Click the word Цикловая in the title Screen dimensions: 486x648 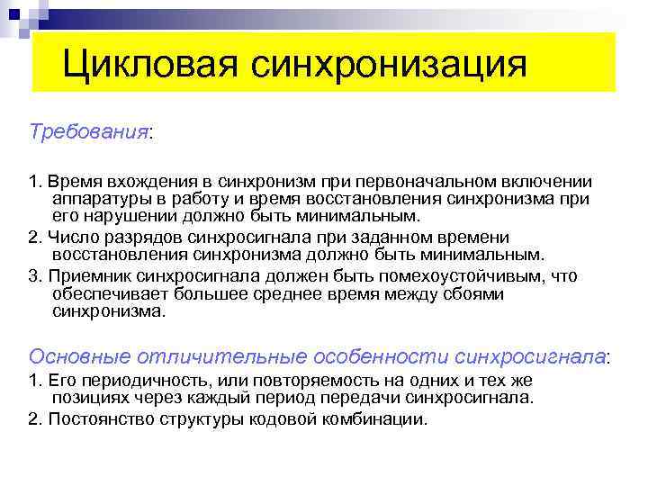point(149,64)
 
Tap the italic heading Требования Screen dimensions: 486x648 point(88,131)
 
